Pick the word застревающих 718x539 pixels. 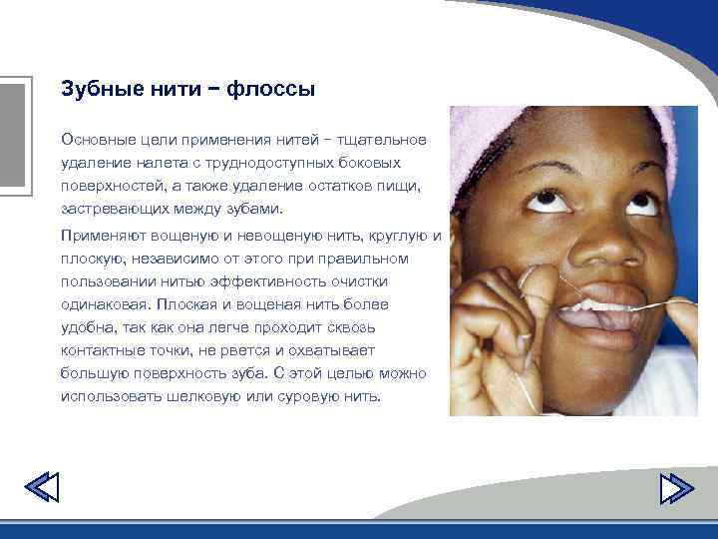(x=111, y=210)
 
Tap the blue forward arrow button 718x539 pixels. (x=676, y=488)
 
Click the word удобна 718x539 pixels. (x=87, y=327)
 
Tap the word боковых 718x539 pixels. (x=371, y=162)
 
